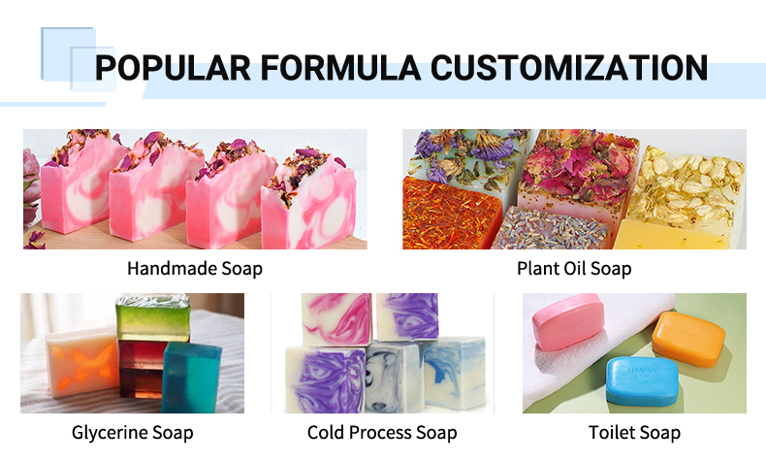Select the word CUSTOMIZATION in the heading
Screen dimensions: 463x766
pyautogui.click(x=569, y=68)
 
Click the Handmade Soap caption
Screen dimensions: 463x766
pyautogui.click(x=195, y=268)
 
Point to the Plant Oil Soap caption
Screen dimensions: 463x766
pyautogui.click(x=574, y=268)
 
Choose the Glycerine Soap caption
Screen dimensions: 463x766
pyautogui.click(x=132, y=432)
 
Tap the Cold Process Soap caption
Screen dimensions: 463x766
pyautogui.click(x=382, y=432)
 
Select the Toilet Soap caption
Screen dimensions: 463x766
pyautogui.click(x=634, y=432)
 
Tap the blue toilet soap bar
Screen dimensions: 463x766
pyautogui.click(x=641, y=380)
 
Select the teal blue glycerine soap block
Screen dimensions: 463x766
pyautogui.click(x=192, y=379)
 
